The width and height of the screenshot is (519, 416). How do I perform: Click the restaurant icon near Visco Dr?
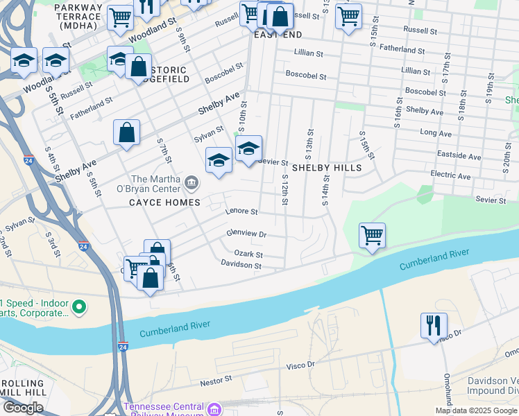pyautogui.click(x=434, y=324)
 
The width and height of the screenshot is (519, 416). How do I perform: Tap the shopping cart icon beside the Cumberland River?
pyautogui.click(x=373, y=235)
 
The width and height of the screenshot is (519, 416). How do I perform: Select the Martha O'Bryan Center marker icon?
pyautogui.click(x=192, y=184)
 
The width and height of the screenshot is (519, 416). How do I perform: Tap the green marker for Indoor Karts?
pyautogui.click(x=79, y=306)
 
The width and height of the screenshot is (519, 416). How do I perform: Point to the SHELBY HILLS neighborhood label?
pyautogui.click(x=326, y=168)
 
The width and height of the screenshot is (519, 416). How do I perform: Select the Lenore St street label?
pyautogui.click(x=241, y=211)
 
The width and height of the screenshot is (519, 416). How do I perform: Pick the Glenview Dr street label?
pyautogui.click(x=246, y=234)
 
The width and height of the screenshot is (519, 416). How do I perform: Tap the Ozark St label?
pyautogui.click(x=248, y=254)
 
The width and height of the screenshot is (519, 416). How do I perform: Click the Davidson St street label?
pyautogui.click(x=241, y=265)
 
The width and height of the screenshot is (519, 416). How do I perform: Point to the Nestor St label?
pyautogui.click(x=216, y=380)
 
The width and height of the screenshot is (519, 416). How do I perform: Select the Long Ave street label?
pyautogui.click(x=435, y=132)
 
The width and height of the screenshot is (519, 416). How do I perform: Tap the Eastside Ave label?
pyautogui.click(x=459, y=157)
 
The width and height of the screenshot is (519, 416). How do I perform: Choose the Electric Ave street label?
pyautogui.click(x=450, y=176)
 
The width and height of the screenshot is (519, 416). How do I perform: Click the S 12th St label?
pyautogui.click(x=285, y=189)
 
